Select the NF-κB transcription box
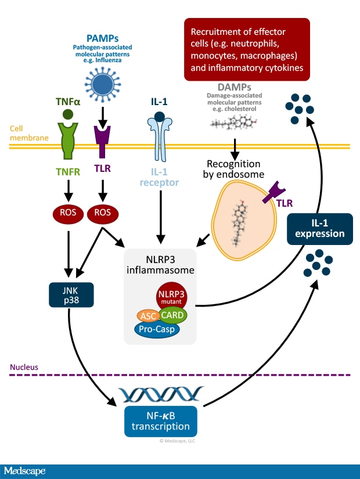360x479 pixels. click(x=160, y=421)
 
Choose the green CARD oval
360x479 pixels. click(x=172, y=316)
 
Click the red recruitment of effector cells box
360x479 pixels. click(x=246, y=49)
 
